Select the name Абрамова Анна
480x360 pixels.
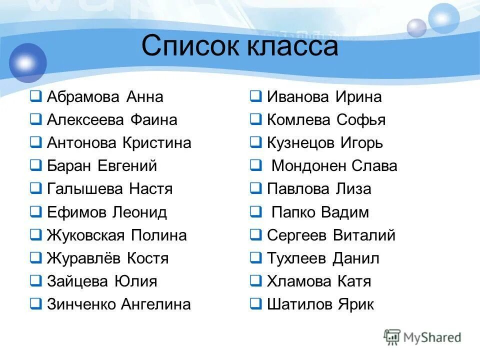pos(105,97)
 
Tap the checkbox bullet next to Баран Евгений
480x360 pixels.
pos(36,165)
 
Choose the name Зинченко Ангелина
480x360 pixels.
pos(118,304)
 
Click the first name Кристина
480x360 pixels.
pos(156,143)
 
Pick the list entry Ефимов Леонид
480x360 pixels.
pos(106,212)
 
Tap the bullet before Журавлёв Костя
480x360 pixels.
pos(36,258)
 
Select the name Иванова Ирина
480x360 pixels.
pos(324,97)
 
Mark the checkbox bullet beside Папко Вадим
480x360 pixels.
pos(255,212)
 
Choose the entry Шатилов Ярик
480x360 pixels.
pos(320,304)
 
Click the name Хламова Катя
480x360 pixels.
pos(319,281)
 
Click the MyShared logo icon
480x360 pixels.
pos(392,337)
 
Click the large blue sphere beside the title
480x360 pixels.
pos(27,62)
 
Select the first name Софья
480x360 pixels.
pos(360,120)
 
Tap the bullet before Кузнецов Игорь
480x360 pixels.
pos(255,143)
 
